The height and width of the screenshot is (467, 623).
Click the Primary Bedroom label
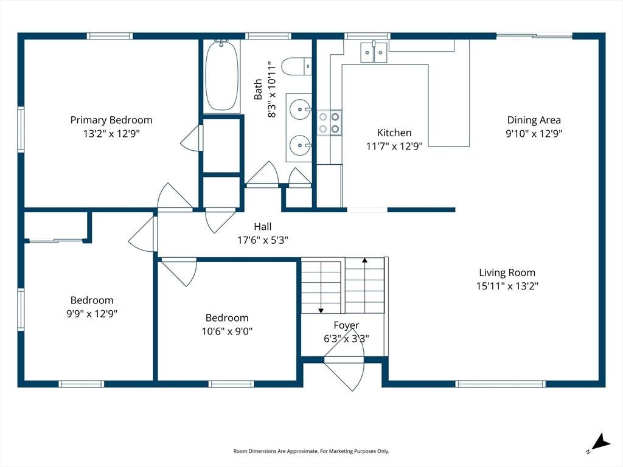click(x=111, y=120)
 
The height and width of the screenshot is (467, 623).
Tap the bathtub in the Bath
click(x=222, y=75)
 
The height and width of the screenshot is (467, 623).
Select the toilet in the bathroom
click(x=296, y=66)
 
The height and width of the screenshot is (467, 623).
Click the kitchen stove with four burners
click(x=329, y=123)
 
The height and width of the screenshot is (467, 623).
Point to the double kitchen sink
click(x=374, y=52)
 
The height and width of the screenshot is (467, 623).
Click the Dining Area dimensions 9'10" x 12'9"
click(x=534, y=133)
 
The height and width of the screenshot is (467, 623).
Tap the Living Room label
click(x=507, y=272)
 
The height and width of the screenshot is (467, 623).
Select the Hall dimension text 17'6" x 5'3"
click(x=263, y=240)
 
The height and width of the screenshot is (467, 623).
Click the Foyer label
click(x=346, y=325)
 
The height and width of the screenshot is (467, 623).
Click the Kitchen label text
click(x=394, y=133)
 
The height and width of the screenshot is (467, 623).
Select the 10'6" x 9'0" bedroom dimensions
click(x=227, y=331)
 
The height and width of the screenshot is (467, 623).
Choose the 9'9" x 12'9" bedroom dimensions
click(x=92, y=314)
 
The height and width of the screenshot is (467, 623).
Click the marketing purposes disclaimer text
click(x=311, y=451)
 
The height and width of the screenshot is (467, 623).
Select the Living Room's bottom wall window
click(x=500, y=384)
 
